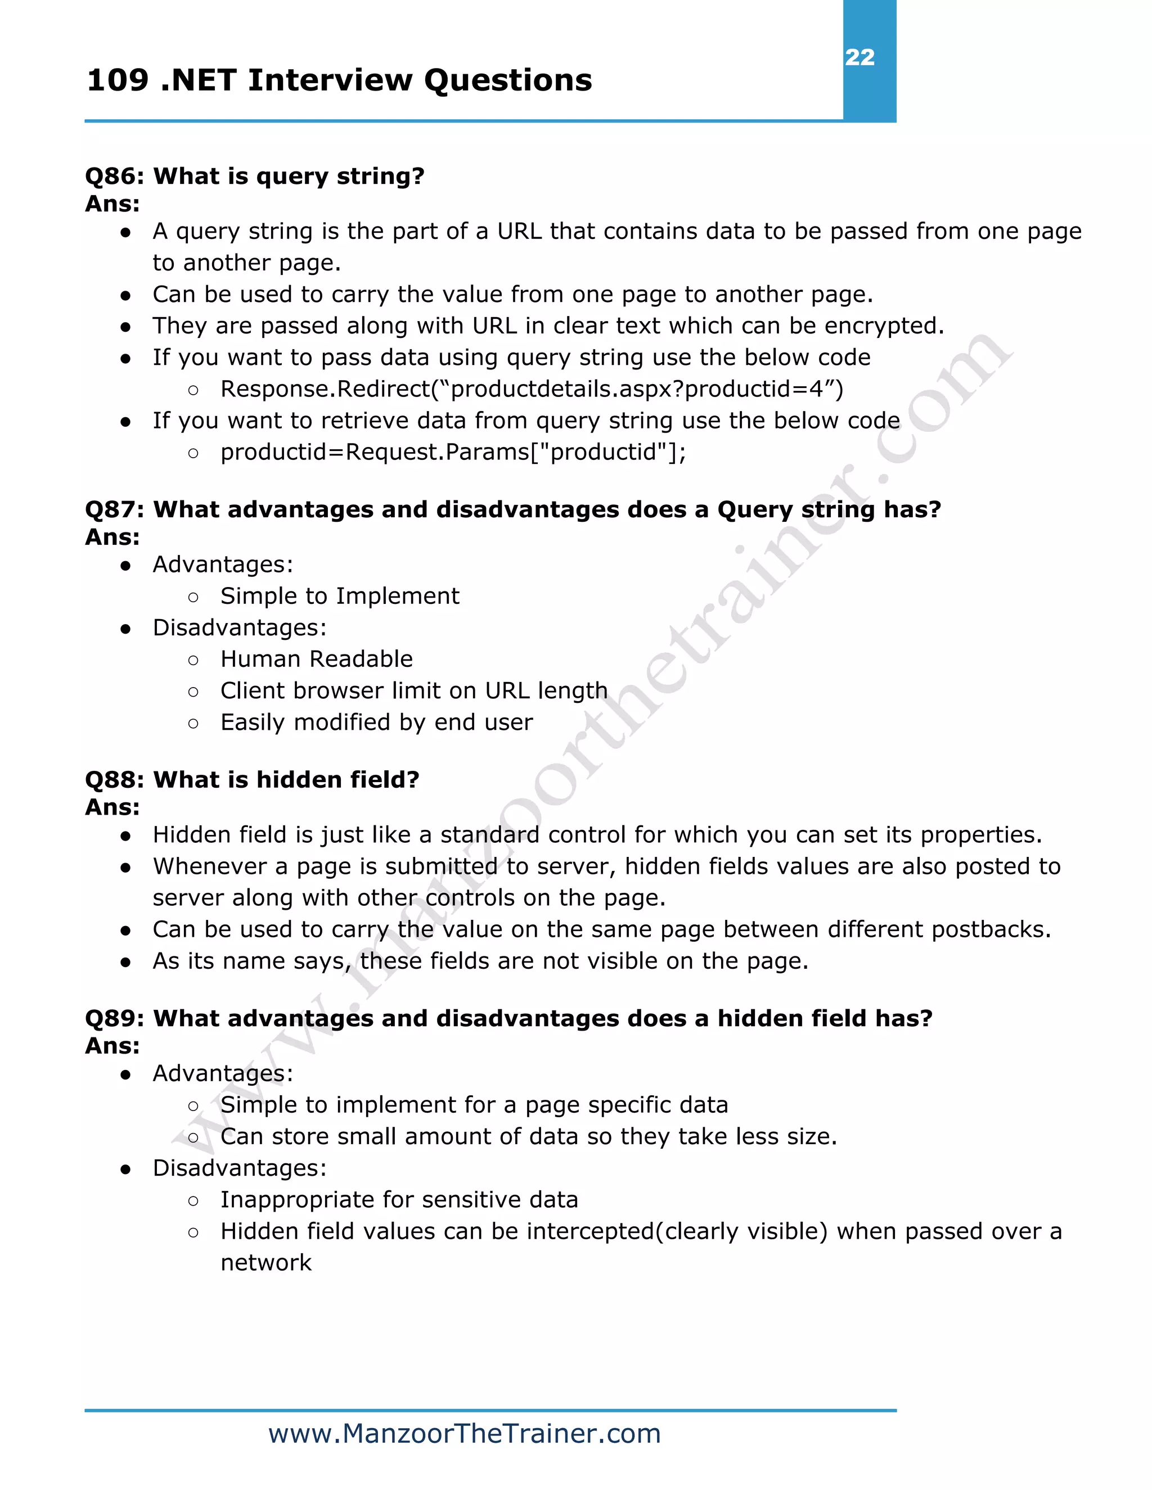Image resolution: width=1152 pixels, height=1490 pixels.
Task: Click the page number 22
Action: coord(859,57)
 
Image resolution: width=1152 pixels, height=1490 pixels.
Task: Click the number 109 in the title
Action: coord(118,80)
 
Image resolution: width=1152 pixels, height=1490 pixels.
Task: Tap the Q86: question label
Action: coord(115,176)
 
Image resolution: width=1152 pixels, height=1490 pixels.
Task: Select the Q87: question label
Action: coord(115,509)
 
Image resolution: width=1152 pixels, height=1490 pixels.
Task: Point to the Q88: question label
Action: coord(115,780)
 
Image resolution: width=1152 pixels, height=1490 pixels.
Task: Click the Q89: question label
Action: coord(115,1019)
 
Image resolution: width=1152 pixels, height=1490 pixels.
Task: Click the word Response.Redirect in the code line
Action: coord(326,389)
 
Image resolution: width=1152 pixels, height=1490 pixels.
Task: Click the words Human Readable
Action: coord(317,659)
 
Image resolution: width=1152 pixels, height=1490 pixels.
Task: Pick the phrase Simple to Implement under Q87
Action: coord(340,596)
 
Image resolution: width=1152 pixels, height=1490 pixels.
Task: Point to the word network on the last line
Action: coord(266,1263)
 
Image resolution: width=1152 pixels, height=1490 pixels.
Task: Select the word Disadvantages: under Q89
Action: coord(240,1168)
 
